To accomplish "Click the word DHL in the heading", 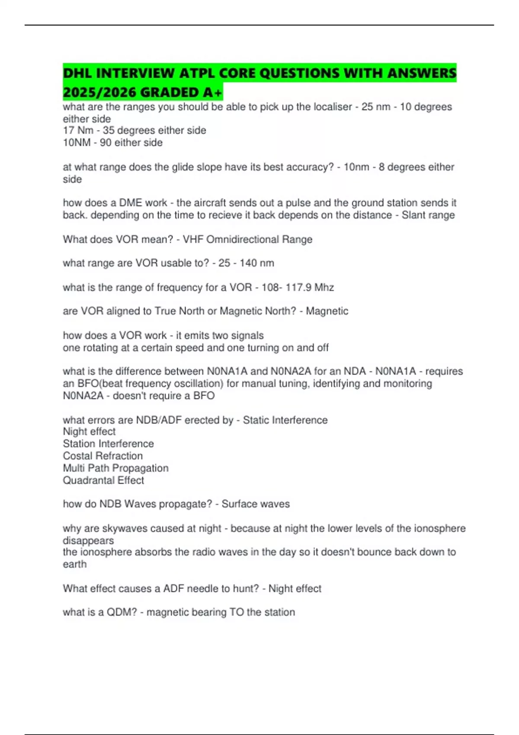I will [77, 73].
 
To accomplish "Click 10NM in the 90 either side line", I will [77, 143].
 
